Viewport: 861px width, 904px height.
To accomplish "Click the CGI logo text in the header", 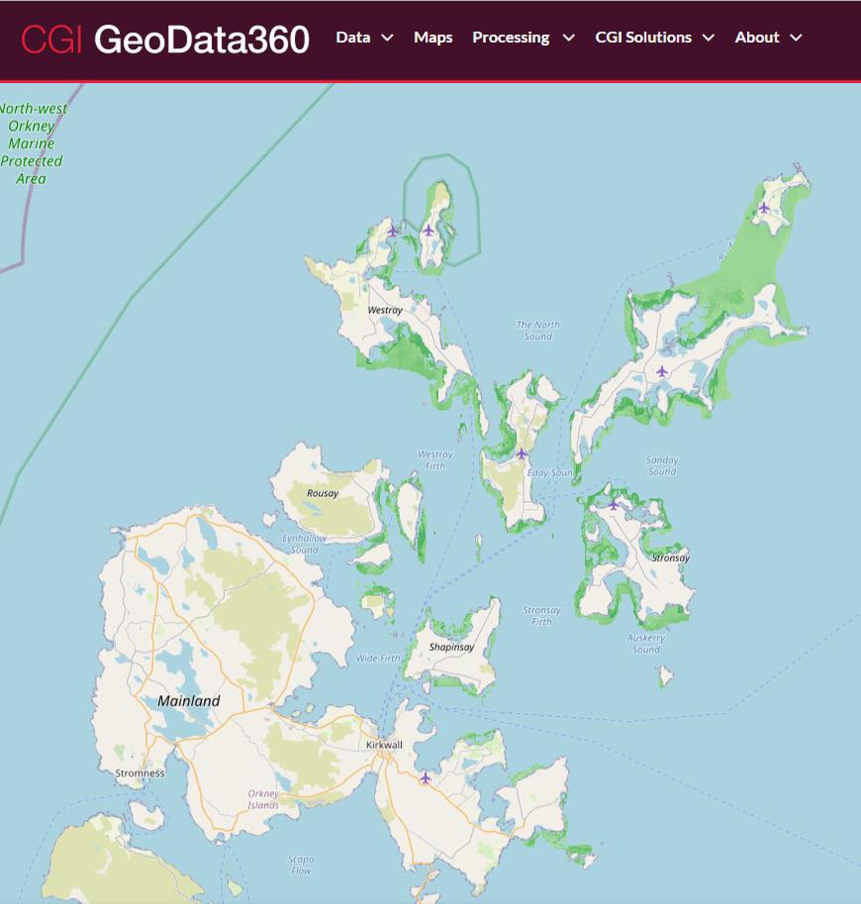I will click(51, 39).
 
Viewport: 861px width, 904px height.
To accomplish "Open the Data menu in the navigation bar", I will click(364, 38).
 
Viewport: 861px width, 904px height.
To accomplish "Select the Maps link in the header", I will click(433, 38).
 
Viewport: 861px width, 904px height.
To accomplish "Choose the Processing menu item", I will click(523, 38).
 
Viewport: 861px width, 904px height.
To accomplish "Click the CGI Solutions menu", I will click(654, 38).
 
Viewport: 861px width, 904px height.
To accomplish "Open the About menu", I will click(768, 38).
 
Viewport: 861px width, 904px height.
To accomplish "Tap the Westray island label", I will click(384, 310).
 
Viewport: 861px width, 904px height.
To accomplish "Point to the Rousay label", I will click(322, 493).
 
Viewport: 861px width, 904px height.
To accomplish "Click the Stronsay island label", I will click(670, 557).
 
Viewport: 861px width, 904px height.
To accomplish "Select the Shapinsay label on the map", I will click(451, 646).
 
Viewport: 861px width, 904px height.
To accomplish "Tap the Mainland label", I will click(189, 701).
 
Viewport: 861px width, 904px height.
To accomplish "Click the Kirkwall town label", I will click(384, 744).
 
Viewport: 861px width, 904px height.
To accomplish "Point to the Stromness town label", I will click(139, 773).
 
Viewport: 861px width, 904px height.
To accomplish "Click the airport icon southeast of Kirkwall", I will click(425, 777).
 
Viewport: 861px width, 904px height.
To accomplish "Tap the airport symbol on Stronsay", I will click(613, 505).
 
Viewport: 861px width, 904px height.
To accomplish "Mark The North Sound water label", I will click(538, 330).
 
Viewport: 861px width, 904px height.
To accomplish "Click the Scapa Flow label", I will click(301, 865).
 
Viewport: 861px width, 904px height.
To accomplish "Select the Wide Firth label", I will click(378, 658).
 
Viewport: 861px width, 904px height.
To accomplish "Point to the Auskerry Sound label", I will click(646, 643).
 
